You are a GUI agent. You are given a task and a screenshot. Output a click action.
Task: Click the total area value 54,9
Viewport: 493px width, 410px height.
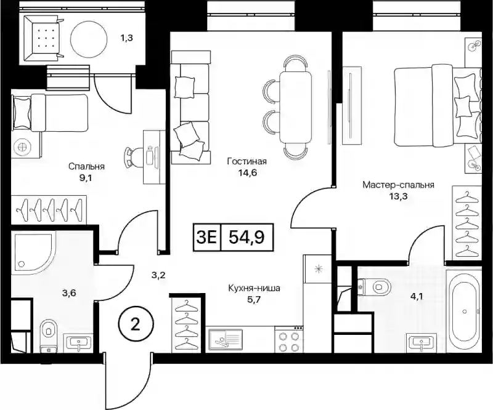[x=246, y=237]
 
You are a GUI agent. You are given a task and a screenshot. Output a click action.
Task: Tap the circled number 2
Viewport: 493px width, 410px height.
[x=136, y=325]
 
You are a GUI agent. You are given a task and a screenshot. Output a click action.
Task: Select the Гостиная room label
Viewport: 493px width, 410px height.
[x=247, y=161]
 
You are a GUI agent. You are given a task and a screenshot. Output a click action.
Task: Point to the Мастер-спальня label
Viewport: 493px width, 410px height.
[x=398, y=185]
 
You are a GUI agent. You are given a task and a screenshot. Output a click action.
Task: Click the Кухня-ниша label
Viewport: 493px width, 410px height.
[x=254, y=287]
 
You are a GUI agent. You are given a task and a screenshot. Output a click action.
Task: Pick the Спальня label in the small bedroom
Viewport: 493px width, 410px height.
[x=86, y=166]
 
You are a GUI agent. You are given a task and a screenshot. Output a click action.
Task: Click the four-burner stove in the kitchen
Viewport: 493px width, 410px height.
[x=288, y=342]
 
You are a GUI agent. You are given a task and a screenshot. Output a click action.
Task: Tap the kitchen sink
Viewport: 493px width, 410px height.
[x=224, y=340]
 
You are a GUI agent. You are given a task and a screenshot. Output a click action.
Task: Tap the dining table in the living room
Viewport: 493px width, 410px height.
[x=296, y=107]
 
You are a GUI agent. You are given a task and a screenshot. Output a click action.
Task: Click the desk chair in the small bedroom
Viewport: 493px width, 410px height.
[x=134, y=157]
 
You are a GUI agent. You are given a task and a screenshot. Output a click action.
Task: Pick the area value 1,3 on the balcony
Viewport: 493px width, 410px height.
[x=126, y=38]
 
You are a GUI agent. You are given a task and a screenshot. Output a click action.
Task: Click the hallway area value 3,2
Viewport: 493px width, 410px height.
[x=158, y=276]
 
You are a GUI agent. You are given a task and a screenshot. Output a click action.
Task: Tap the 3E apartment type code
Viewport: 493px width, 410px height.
[x=206, y=237]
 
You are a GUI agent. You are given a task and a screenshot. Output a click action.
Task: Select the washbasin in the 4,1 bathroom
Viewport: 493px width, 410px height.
[x=421, y=343]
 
